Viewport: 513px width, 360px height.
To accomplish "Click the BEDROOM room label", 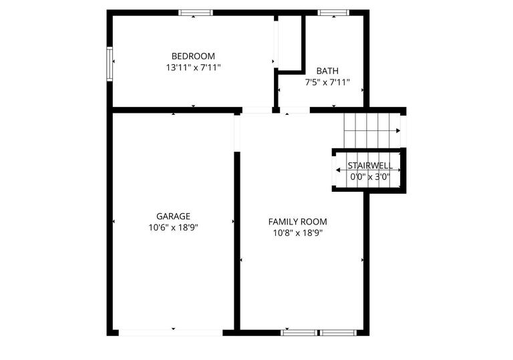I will pos(193,56).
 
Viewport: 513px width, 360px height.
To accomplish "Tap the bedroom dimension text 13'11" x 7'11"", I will pos(193,67).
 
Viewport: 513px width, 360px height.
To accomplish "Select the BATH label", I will pos(327,71).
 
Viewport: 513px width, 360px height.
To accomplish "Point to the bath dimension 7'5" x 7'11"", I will pos(327,83).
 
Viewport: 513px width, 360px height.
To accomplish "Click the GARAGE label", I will pos(173,216).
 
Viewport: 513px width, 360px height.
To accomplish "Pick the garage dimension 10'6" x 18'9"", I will pos(173,227).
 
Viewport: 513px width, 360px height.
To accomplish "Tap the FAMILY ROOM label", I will pos(297,221).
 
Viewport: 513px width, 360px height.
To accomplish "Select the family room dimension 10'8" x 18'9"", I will pos(297,233).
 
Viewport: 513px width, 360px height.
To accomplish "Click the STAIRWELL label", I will pos(369,165).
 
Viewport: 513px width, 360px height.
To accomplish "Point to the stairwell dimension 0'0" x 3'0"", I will pos(369,177).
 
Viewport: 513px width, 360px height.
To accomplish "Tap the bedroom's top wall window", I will pos(196,12).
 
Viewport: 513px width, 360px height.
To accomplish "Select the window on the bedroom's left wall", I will pos(110,63).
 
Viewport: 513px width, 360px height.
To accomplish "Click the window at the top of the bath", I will pos(333,12).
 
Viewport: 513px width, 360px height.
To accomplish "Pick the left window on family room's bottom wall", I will pos(299,332).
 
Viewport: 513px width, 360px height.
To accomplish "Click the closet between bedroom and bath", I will pos(289,43).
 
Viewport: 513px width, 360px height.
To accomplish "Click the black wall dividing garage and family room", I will pos(236,240).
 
